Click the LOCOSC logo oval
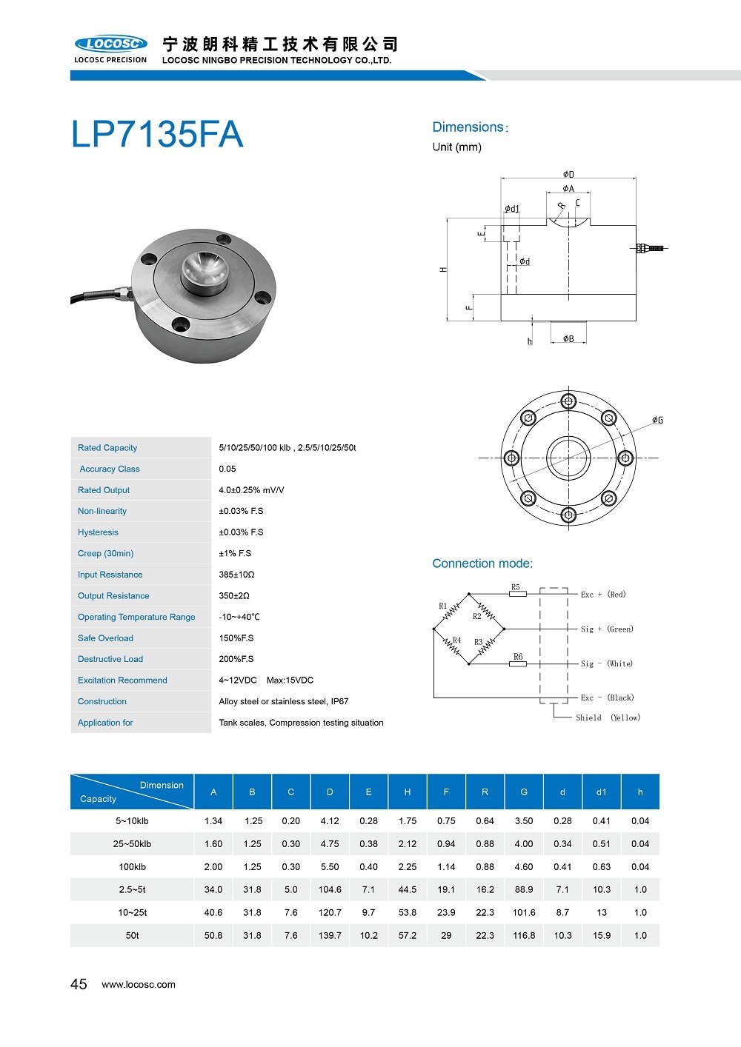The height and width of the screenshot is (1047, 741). tap(110, 44)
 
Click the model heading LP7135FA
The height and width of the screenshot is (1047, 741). tap(157, 135)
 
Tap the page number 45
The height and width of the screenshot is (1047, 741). tap(79, 984)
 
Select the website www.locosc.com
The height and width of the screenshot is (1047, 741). tap(139, 985)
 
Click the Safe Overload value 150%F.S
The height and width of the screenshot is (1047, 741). tap(236, 638)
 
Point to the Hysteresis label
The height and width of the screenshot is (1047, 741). tap(98, 532)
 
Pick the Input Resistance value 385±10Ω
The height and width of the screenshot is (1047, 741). tap(236, 575)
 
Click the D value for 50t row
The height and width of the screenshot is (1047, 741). tap(330, 936)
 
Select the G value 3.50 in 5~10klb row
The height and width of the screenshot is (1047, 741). tap(524, 821)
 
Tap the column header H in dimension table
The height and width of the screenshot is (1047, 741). tap(408, 792)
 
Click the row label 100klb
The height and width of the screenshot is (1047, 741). tap(132, 867)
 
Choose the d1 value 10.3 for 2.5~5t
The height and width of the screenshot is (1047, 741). tap(602, 890)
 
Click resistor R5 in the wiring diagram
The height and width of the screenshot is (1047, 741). tap(517, 592)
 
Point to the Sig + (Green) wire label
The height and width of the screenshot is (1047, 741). tap(607, 629)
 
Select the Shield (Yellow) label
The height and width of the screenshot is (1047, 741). tap(608, 718)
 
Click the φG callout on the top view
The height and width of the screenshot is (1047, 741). tap(657, 421)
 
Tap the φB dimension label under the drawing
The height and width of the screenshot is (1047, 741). tap(568, 338)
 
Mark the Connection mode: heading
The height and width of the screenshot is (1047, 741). tap(482, 563)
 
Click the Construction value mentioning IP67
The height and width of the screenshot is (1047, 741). tap(283, 702)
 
